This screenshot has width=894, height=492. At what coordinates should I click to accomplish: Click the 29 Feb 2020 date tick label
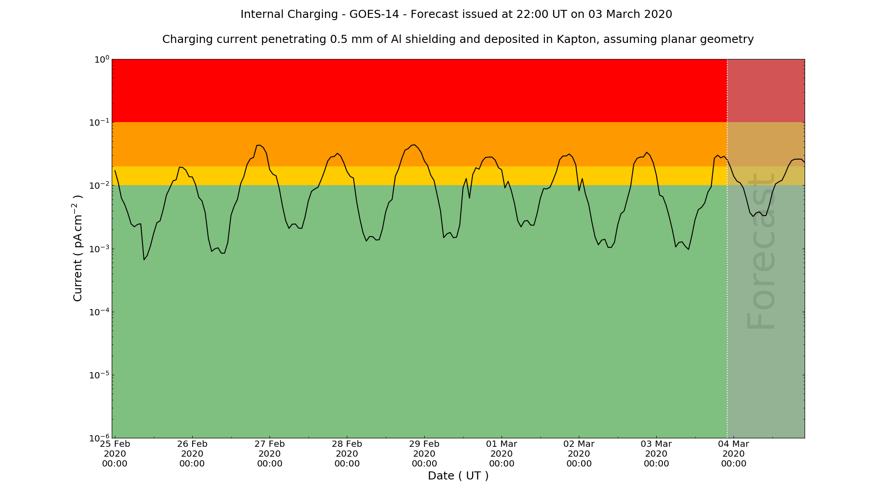point(424,454)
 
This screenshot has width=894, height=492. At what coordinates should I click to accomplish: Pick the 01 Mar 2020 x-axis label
point(502,454)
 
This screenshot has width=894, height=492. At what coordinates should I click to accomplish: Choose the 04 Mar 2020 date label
point(734,454)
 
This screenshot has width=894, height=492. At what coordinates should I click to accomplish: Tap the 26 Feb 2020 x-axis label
point(192,454)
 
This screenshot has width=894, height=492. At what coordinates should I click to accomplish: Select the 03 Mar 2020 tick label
point(656,454)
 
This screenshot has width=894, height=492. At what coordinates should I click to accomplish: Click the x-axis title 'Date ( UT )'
point(458,476)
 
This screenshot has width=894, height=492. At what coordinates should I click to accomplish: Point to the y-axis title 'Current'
point(78,248)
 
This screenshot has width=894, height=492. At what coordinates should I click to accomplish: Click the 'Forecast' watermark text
point(761,250)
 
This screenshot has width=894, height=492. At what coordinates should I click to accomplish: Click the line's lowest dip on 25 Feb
point(144,259)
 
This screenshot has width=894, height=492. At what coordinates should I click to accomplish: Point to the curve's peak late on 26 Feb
point(259,145)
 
